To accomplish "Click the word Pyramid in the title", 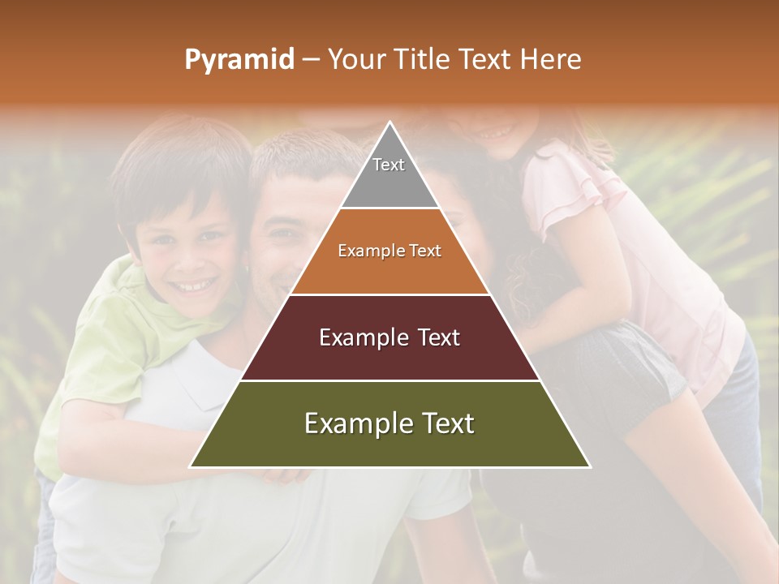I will (x=239, y=60).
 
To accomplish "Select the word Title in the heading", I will (x=422, y=60).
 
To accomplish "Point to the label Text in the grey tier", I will (x=389, y=165).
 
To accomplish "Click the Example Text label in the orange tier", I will (x=389, y=251).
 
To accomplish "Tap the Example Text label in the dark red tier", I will (x=389, y=337).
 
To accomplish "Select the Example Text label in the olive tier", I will (x=389, y=423).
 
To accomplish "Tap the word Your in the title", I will (x=356, y=60).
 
